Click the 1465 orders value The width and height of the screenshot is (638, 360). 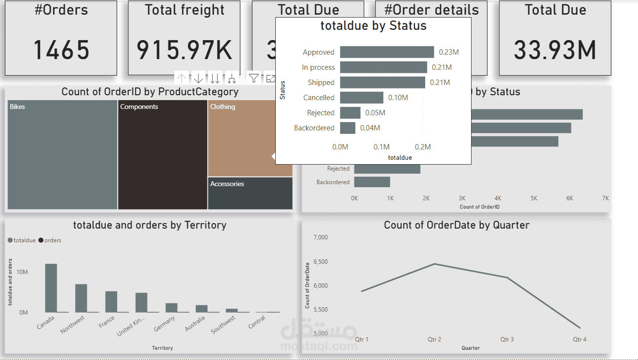[61, 50]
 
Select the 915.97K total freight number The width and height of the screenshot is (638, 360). [184, 50]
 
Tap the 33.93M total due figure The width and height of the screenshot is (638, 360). [555, 50]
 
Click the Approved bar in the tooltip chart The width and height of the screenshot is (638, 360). [387, 52]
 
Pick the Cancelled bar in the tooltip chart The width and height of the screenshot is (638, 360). [361, 98]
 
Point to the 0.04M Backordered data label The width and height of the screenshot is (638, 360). [370, 128]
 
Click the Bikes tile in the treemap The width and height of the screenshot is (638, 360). [62, 155]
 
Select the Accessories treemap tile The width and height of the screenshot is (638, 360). [250, 193]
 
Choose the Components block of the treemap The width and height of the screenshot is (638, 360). [163, 155]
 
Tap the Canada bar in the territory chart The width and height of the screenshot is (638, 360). [51, 288]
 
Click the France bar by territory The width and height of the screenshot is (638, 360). [111, 302]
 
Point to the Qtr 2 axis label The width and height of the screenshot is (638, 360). [434, 339]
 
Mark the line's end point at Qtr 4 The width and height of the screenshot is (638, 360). [580, 328]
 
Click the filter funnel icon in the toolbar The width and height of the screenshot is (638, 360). [253, 78]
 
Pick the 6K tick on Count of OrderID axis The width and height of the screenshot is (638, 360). [570, 198]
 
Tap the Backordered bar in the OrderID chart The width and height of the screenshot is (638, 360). [372, 182]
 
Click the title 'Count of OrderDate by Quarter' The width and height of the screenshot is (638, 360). [456, 225]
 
